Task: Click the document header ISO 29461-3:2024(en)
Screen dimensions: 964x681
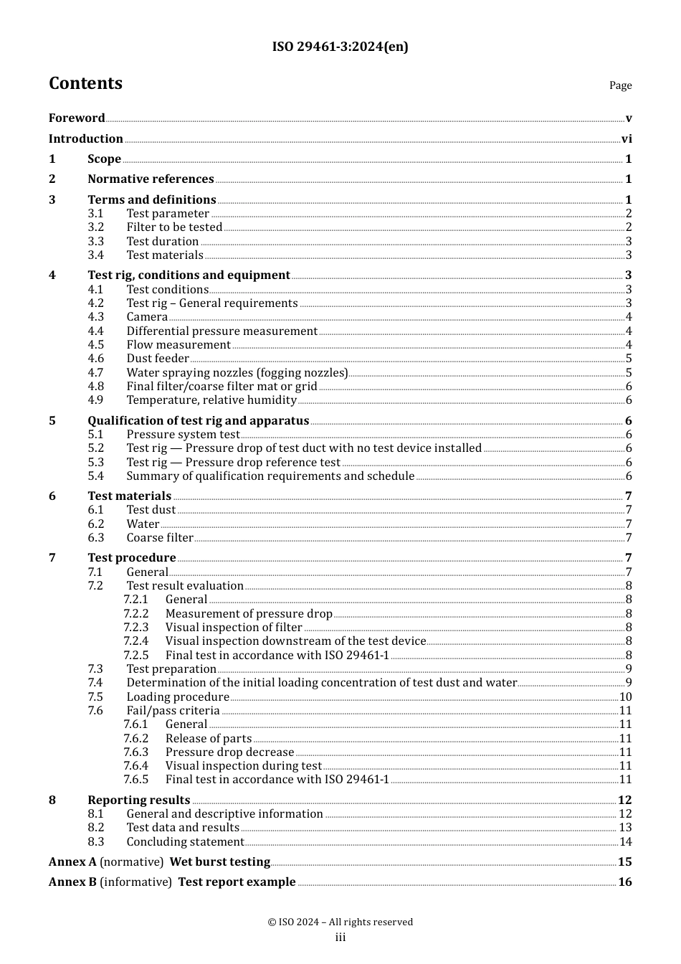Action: point(340,47)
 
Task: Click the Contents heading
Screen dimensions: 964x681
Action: point(85,83)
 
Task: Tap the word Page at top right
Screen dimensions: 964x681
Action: point(620,85)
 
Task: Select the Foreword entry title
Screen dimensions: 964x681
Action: point(77,118)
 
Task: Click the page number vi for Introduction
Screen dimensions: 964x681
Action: point(627,139)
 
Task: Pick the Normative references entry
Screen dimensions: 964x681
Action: point(151,179)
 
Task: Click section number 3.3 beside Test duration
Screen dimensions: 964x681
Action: point(96,242)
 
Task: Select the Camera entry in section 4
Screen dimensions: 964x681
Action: point(147,317)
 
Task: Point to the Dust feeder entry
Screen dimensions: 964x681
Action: point(158,359)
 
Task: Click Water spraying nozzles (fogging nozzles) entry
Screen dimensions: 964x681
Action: point(237,373)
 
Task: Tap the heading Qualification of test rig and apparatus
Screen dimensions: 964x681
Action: point(198,421)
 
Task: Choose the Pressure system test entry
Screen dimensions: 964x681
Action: point(183,435)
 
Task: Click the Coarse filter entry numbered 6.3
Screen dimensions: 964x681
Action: point(160,538)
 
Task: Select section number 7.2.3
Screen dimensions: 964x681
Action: point(135,628)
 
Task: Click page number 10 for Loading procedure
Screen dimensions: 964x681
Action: point(625,697)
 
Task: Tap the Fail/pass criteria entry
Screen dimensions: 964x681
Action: point(173,711)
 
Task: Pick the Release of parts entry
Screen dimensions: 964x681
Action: point(209,739)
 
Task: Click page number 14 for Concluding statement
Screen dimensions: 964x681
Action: point(625,842)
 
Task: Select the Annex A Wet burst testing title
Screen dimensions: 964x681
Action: point(219,862)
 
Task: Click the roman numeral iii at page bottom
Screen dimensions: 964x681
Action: point(340,937)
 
